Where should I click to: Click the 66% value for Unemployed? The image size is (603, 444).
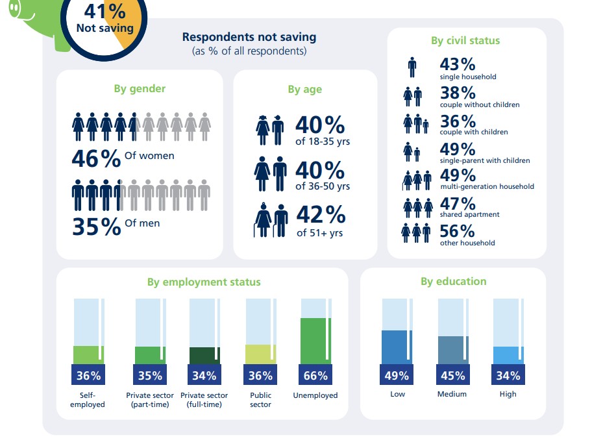[315, 375]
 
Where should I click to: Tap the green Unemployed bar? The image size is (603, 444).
[315, 341]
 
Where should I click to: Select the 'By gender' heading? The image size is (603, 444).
[140, 89]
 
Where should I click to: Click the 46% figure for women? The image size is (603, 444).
[96, 159]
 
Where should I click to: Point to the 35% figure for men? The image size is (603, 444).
[96, 227]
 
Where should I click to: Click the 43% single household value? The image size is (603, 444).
[458, 64]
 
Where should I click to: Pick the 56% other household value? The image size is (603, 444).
[458, 231]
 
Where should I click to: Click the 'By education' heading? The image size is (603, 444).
[453, 282]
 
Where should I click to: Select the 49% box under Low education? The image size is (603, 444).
[397, 375]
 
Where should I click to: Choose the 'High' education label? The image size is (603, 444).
[508, 394]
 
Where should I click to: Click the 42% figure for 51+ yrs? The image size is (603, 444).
[321, 215]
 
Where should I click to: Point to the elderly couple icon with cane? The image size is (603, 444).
[271, 221]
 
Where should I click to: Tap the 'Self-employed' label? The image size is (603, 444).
[88, 400]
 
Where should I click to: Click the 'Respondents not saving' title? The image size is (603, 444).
[249, 37]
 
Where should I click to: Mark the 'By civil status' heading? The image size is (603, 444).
[465, 40]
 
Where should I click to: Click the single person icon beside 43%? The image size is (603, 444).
[412, 68]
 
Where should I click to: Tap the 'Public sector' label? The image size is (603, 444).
[260, 400]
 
